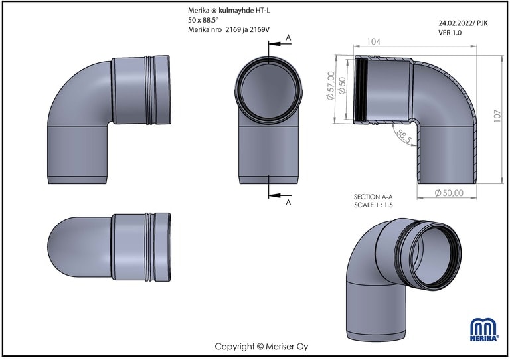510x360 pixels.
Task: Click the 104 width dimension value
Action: click(373, 42)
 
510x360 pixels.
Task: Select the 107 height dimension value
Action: click(497, 116)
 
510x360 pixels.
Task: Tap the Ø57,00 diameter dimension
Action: click(330, 86)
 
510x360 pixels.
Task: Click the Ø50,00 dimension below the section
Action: click(449, 193)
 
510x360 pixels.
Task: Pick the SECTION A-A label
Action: click(373, 197)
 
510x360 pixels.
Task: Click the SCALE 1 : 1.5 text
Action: click(373, 205)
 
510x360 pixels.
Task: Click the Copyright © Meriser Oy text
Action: click(261, 347)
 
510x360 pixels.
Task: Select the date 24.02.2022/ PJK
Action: click(463, 23)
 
